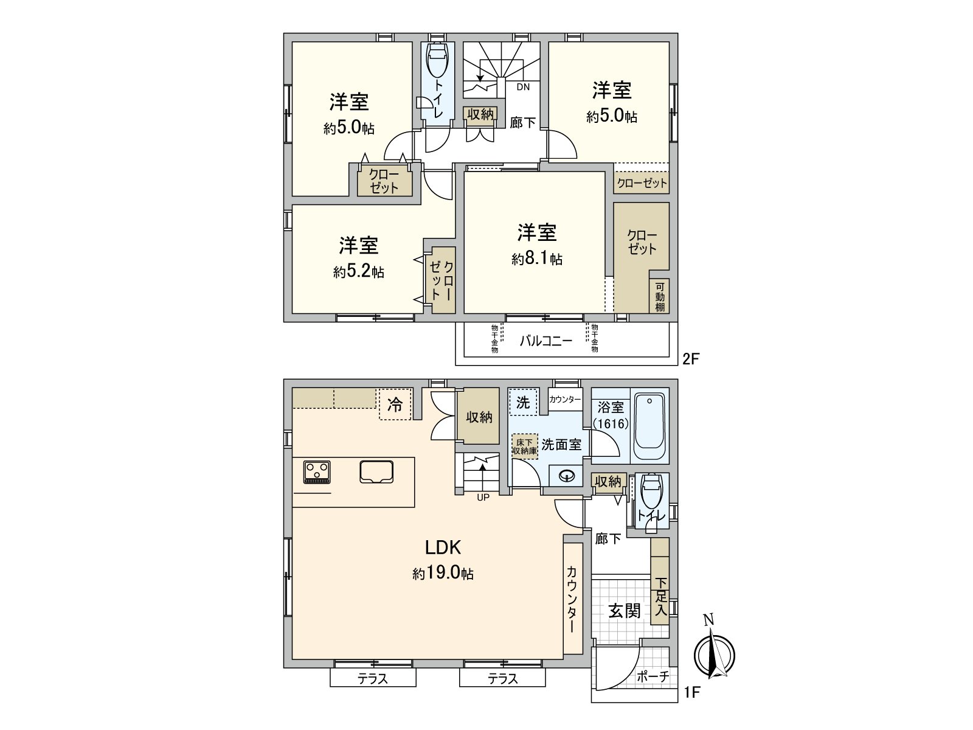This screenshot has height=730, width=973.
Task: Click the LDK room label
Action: point(443,547)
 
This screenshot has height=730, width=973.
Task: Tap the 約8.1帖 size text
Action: point(537,260)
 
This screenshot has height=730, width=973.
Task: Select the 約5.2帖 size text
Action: point(358,272)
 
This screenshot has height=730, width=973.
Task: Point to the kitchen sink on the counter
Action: point(376,471)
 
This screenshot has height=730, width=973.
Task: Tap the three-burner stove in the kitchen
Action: point(317,472)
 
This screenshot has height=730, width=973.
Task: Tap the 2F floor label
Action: point(691,358)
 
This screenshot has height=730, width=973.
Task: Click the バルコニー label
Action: point(545,341)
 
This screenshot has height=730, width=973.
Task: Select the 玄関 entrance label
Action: point(625,611)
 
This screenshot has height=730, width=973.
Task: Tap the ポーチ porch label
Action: point(654,676)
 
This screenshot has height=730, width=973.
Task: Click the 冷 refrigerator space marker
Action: point(395,405)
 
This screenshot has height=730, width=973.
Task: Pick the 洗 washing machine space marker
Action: point(523,402)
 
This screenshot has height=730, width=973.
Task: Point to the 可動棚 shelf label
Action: point(660,297)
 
